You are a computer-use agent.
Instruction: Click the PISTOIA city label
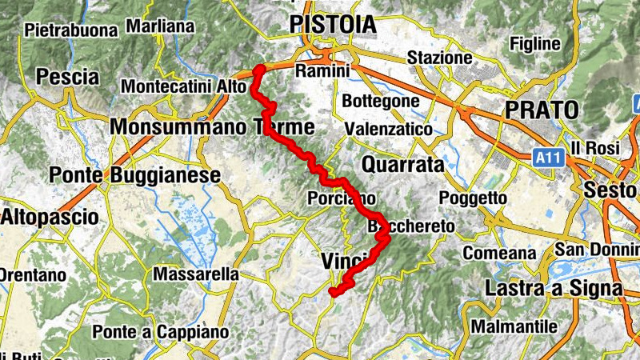pyautogui.click(x=333, y=25)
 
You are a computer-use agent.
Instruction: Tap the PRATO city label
pyautogui.click(x=541, y=110)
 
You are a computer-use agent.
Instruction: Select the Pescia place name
pyautogui.click(x=68, y=78)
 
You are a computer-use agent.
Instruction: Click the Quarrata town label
pyautogui.click(x=402, y=165)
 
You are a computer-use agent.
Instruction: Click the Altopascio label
pyautogui.click(x=49, y=217)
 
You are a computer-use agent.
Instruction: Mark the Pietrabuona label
pyautogui.click(x=71, y=30)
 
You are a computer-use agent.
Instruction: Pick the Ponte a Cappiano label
pyautogui.click(x=161, y=331)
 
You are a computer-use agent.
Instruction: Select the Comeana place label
pyautogui.click(x=499, y=254)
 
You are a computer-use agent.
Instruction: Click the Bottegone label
pyautogui.click(x=380, y=102)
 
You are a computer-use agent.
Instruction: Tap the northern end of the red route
pyautogui.click(x=258, y=70)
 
